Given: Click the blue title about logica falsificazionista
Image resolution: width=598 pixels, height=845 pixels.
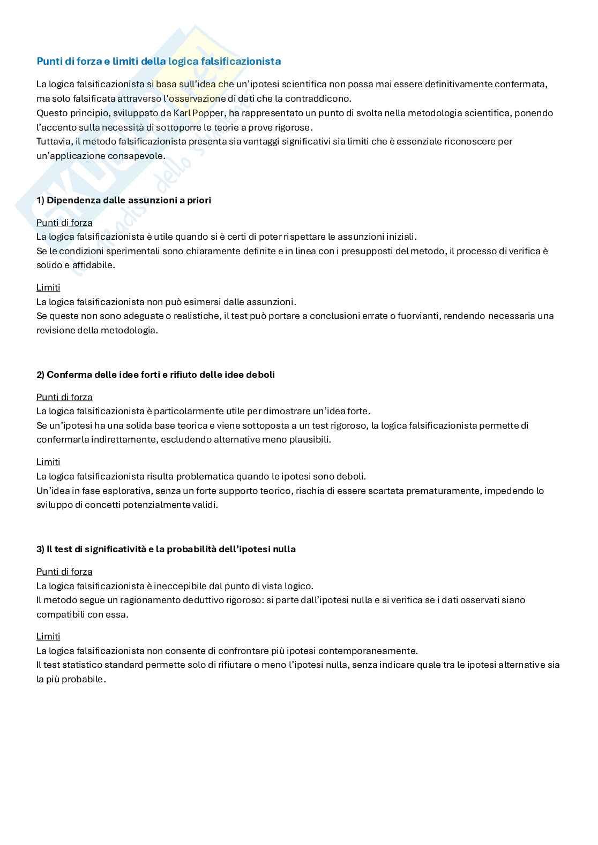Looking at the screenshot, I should (159, 61).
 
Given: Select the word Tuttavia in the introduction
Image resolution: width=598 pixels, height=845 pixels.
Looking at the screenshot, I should (53, 141).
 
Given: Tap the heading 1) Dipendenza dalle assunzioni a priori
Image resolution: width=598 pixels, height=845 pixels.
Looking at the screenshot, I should (124, 200).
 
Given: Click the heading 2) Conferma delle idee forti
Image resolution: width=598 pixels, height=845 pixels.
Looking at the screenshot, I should (155, 375).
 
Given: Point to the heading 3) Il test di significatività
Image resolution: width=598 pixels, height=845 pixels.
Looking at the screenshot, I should (166, 549).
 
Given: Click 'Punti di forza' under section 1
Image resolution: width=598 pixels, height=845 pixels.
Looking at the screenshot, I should (64, 223).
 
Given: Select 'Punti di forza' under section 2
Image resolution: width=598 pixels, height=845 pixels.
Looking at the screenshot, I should (64, 397).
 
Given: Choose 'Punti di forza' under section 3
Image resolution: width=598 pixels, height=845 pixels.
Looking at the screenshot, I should (64, 572).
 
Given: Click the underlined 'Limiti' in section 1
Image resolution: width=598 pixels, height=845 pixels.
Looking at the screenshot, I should (48, 287).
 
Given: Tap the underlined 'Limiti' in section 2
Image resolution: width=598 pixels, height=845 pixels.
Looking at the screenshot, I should (48, 462).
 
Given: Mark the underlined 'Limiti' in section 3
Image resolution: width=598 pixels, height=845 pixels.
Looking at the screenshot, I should (48, 636).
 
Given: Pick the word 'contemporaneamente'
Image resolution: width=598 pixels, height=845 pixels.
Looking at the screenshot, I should (368, 651).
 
